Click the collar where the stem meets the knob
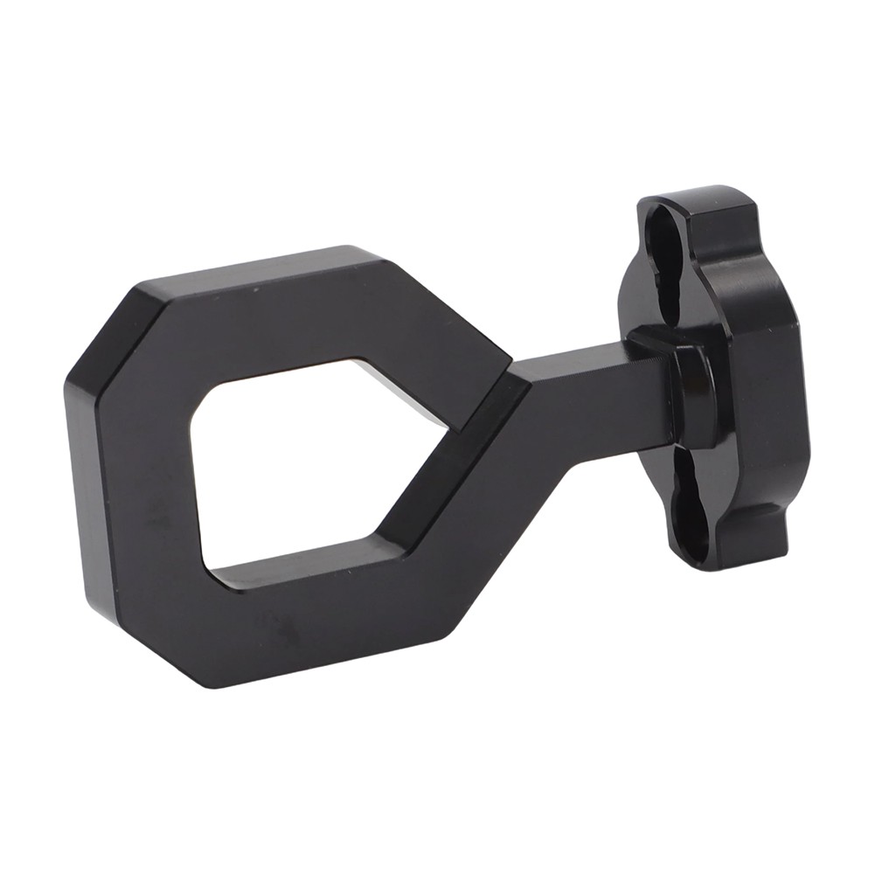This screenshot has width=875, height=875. (691, 393)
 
